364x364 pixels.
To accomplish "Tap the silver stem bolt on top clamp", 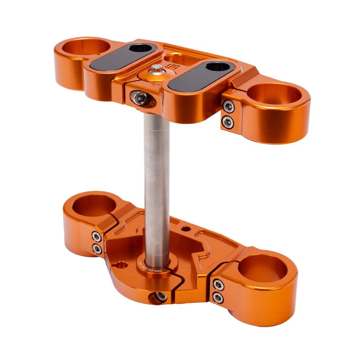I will coord(157,68).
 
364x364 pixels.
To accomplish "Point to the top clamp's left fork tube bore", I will coord(86,47).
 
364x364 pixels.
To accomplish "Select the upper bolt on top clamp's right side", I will coord(228,106).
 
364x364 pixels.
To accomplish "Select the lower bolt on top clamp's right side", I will coord(228,122).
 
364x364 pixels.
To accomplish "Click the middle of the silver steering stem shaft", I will coord(157,182).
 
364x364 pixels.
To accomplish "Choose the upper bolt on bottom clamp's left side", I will coord(96,237).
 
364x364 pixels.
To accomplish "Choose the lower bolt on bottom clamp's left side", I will coord(97,249).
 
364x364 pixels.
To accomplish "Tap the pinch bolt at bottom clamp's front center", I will coord(160,296).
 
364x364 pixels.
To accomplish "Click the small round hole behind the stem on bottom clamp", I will coord(186,229).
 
